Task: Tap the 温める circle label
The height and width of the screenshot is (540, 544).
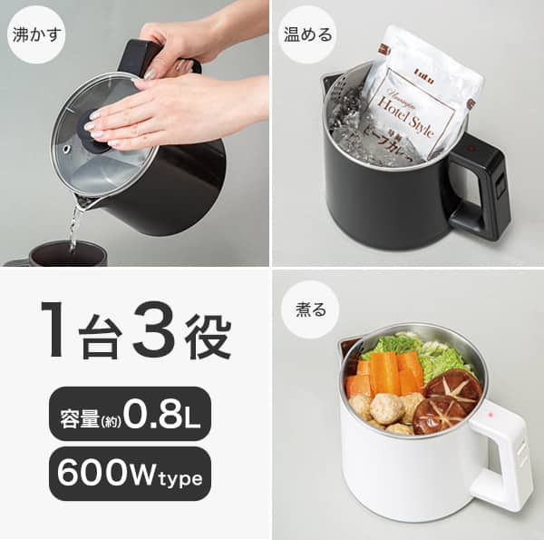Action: (307, 34)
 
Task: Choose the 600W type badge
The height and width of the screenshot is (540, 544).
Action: (131, 473)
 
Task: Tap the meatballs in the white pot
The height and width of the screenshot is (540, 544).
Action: (385, 410)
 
